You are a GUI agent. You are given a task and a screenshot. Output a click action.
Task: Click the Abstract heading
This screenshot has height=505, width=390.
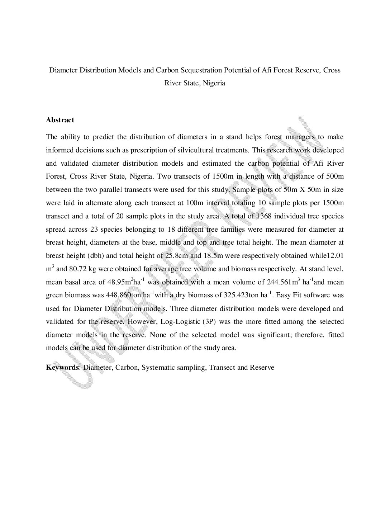pos(60,120)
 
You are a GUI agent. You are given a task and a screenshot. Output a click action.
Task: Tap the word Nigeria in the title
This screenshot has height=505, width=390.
pos(213,83)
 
